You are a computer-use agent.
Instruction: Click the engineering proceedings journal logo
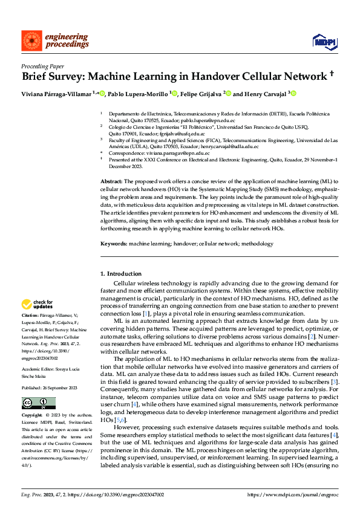(x=55, y=41)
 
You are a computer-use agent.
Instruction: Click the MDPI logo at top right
(x=323, y=41)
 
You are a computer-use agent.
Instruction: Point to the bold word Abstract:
(x=112, y=182)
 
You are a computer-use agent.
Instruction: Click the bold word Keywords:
(x=114, y=244)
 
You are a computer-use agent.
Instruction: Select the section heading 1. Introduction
(x=120, y=274)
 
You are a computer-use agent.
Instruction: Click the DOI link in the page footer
(x=110, y=494)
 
